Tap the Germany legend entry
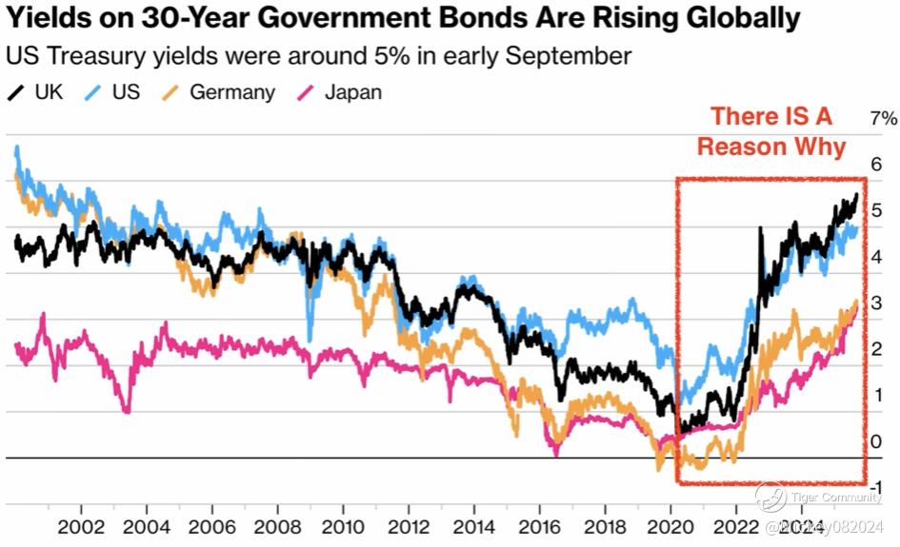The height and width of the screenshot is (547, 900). [220, 92]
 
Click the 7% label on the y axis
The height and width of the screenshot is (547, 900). [884, 118]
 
